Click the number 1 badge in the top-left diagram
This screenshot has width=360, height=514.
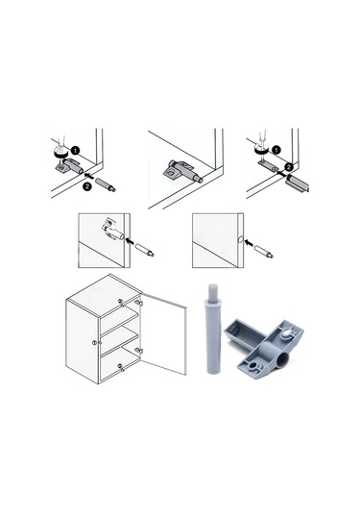75,151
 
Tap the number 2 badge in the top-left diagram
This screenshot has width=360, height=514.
86,186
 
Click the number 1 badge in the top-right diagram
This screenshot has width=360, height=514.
276,150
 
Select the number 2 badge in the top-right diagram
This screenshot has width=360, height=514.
288,167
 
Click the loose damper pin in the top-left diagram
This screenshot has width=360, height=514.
106,184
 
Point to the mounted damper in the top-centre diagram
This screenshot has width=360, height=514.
182,170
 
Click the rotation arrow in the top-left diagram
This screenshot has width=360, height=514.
60,152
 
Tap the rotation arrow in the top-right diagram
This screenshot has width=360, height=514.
261,149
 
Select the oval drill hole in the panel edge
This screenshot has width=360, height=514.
240,239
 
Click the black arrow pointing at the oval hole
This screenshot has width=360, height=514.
250,243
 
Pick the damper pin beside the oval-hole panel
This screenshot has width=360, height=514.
264,252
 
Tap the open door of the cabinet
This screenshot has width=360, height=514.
163,333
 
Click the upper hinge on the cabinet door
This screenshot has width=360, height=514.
139,302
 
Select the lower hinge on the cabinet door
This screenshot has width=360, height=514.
138,351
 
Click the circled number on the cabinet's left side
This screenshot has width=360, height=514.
94,343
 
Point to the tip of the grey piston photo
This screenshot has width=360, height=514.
212,286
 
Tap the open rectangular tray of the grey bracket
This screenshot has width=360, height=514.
245,332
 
